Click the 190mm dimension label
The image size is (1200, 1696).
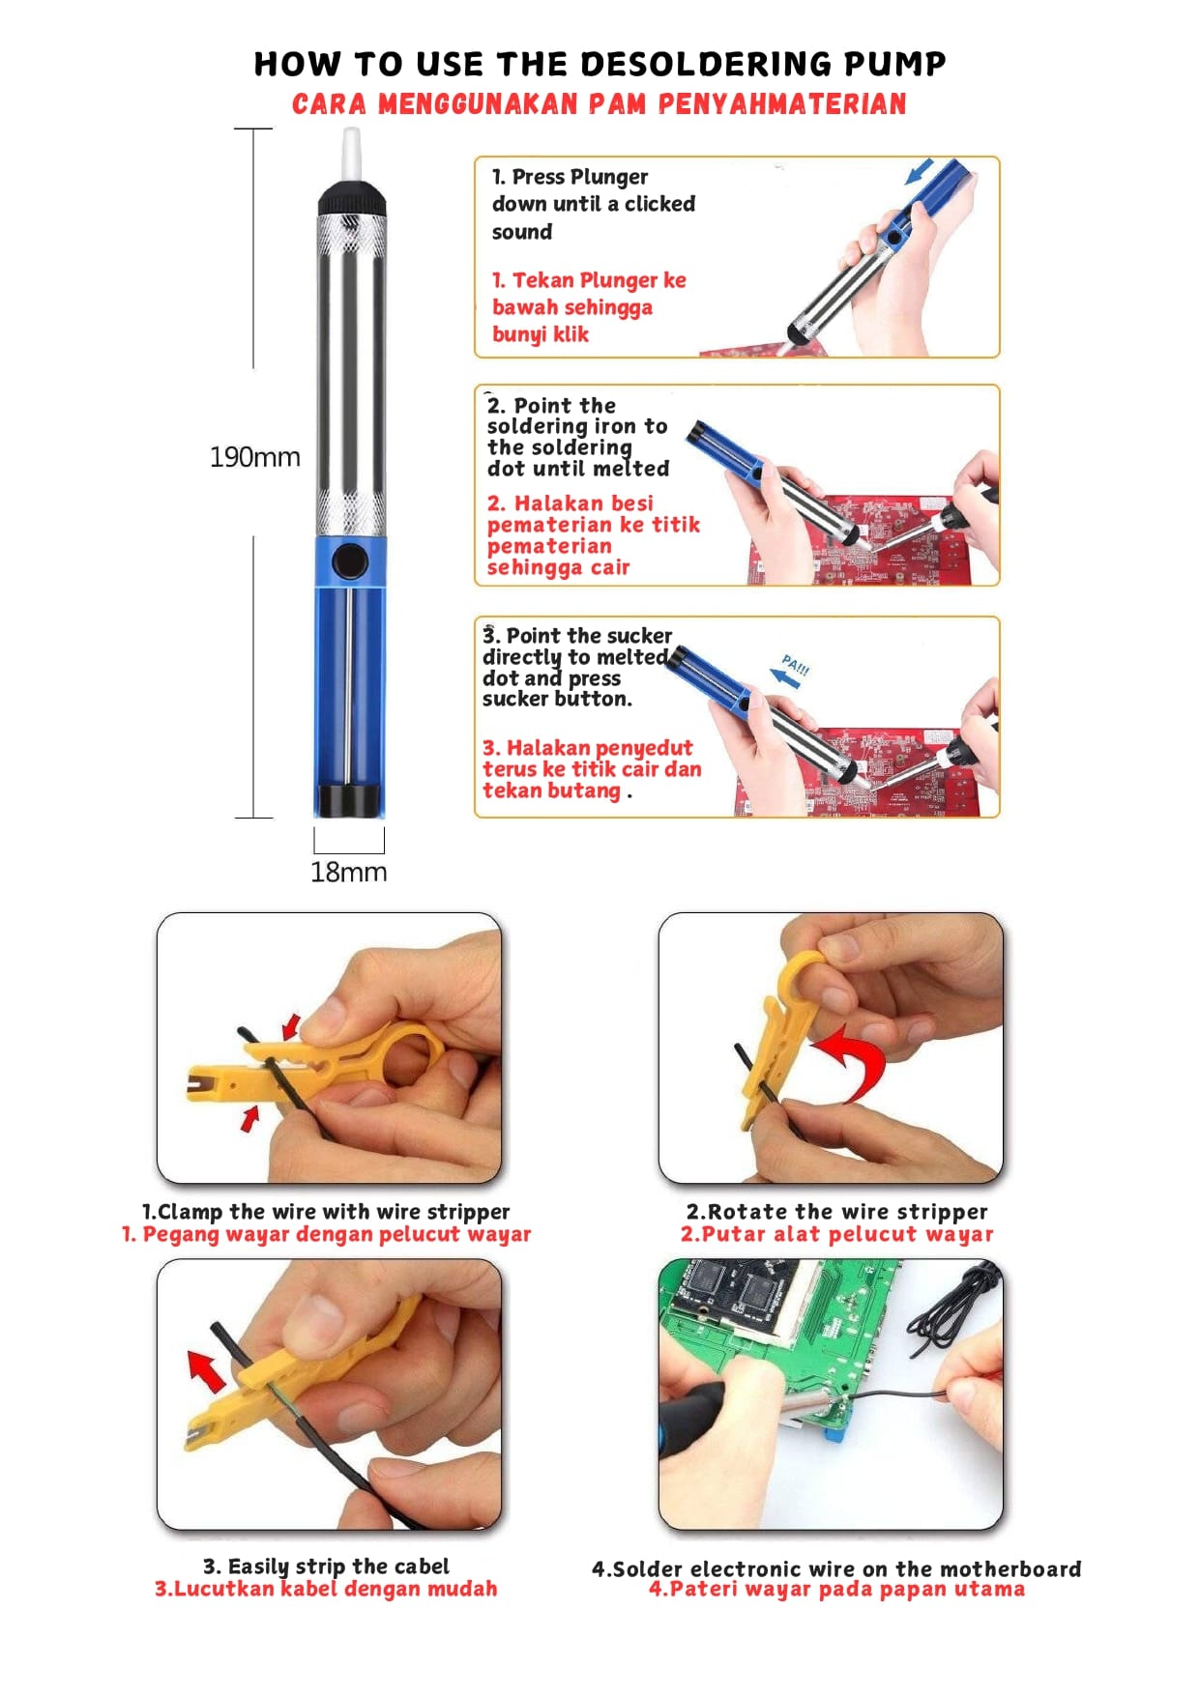click(x=255, y=457)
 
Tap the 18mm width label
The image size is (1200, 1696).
click(x=348, y=872)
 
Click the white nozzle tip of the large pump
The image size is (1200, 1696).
click(x=352, y=154)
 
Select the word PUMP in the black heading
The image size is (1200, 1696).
click(x=894, y=64)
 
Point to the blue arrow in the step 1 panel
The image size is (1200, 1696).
click(x=920, y=172)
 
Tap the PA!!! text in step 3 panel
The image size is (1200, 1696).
click(x=796, y=665)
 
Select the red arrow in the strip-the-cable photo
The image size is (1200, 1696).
click(x=206, y=1369)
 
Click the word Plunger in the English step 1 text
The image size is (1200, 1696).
click(x=607, y=177)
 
